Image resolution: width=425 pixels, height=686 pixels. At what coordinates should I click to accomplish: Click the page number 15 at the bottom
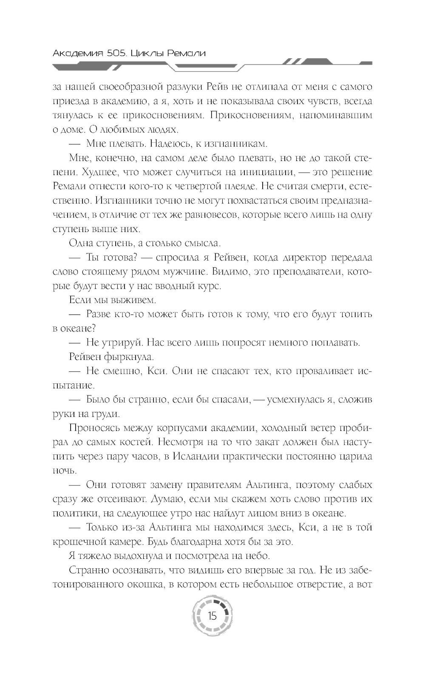click(x=212, y=616)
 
